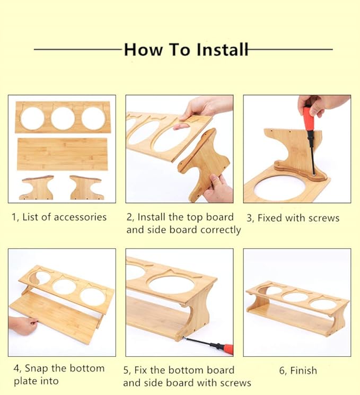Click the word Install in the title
pos(222,49)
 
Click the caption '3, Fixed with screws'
pos(293,218)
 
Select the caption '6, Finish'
pos(298,371)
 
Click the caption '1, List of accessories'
pos(59,217)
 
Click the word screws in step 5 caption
pos(235,383)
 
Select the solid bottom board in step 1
pos(63,154)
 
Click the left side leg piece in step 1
pos(37,187)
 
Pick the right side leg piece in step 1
pos(86,187)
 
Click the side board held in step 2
pos(204,163)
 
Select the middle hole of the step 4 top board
pos(65,287)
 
